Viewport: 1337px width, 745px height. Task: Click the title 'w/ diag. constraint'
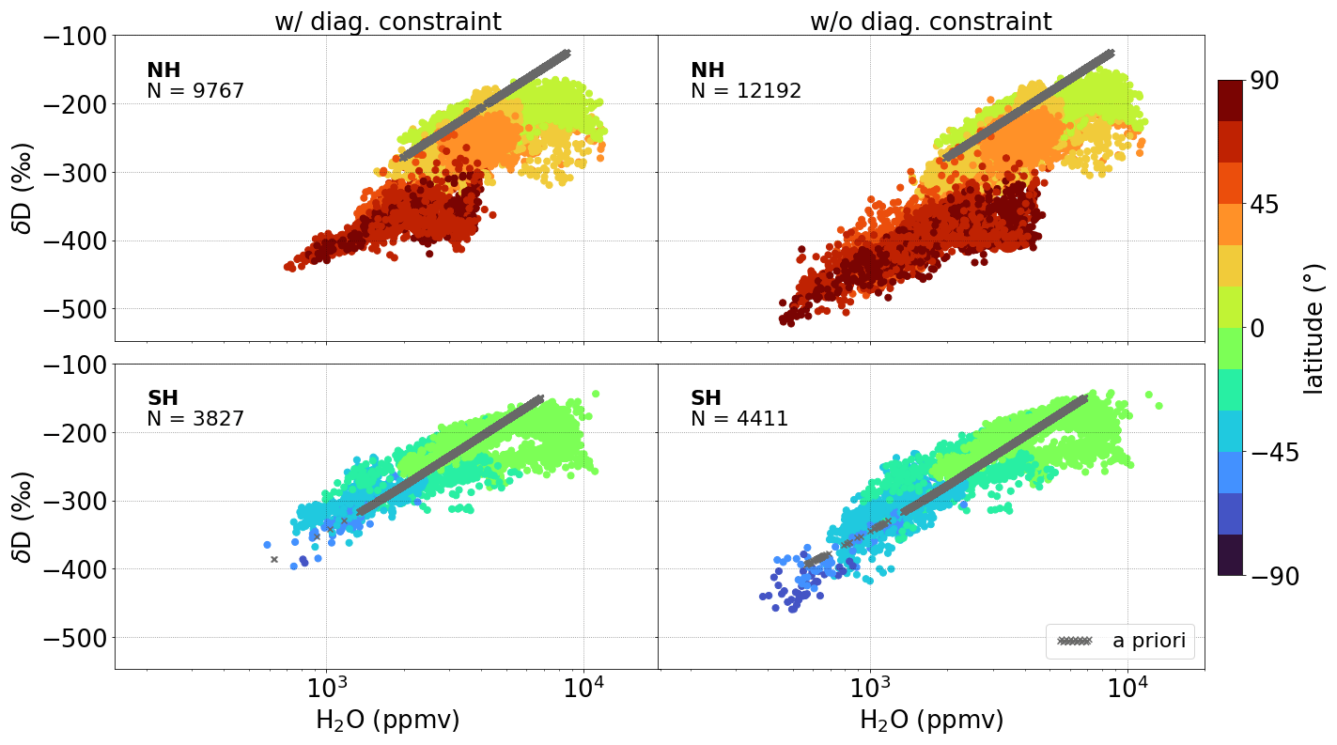click(387, 21)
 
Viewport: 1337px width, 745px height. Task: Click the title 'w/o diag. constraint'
click(930, 21)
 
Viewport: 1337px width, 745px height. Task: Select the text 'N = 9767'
click(195, 91)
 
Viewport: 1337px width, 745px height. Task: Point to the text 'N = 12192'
click(746, 91)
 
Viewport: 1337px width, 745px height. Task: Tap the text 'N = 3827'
click(195, 419)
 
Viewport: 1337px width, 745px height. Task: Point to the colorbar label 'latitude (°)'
click(1314, 329)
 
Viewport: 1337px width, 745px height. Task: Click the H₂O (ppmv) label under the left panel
click(387, 721)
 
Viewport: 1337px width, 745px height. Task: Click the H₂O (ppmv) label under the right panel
click(931, 721)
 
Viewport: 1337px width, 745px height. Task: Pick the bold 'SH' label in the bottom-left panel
click(163, 398)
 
